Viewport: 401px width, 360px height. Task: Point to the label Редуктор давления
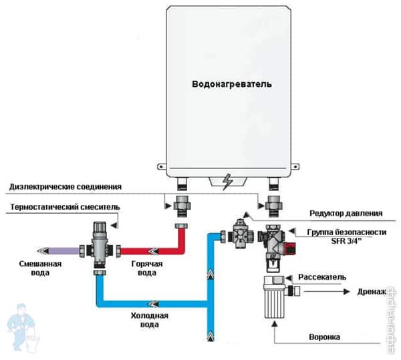click(345, 214)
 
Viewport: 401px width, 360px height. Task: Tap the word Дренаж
click(372, 292)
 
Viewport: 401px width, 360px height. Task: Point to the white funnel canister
click(275, 300)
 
